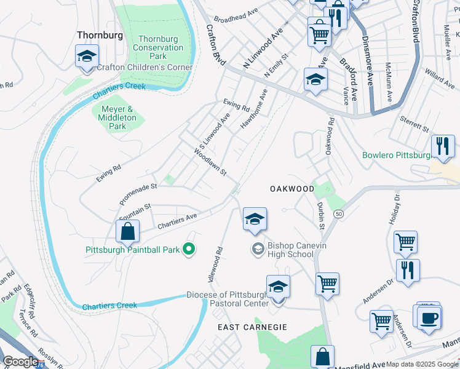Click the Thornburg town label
pyautogui.click(x=100, y=35)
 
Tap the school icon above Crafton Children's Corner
pyautogui.click(x=87, y=57)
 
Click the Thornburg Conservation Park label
pyautogui.click(x=157, y=47)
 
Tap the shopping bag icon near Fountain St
pyautogui.click(x=127, y=232)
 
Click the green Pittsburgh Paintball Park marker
pyautogui.click(x=189, y=249)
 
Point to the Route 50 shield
pyautogui.click(x=338, y=214)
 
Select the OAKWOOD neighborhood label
pyautogui.click(x=292, y=189)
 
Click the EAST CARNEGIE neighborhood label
pyautogui.click(x=252, y=327)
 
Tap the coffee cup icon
pyautogui.click(x=429, y=317)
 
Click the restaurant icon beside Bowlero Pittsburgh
pyautogui.click(x=443, y=146)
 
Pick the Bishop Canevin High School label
pyautogui.click(x=291, y=250)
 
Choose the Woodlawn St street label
pyautogui.click(x=210, y=163)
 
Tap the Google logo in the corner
pyautogui.click(x=21, y=362)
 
